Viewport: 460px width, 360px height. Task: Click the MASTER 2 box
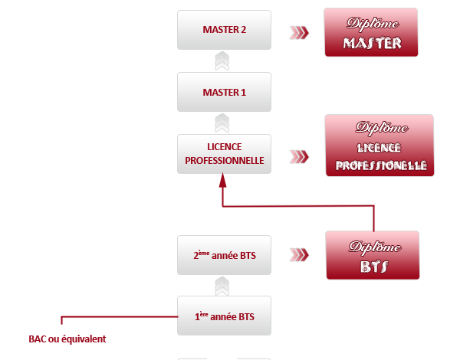pyautogui.click(x=224, y=31)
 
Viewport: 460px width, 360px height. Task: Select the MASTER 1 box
pyautogui.click(x=224, y=93)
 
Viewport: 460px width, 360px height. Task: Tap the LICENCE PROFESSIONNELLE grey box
pyautogui.click(x=224, y=154)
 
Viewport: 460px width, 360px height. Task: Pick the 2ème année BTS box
pyautogui.click(x=224, y=255)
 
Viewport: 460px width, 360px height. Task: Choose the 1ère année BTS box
pyautogui.click(x=224, y=316)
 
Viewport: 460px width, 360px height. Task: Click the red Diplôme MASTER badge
pyautogui.click(x=372, y=32)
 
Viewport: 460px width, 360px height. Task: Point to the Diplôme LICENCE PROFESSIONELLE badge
pyautogui.click(x=380, y=146)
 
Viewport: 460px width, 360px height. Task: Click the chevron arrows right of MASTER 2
pyautogui.click(x=299, y=32)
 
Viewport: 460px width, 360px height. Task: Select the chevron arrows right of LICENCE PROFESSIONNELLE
pyautogui.click(x=299, y=156)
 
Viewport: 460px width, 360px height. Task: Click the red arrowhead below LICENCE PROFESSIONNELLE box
pyautogui.click(x=222, y=181)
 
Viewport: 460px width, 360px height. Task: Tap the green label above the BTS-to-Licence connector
pyautogui.click(x=301, y=200)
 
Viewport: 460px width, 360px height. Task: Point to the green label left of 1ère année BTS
pyautogui.click(x=115, y=311)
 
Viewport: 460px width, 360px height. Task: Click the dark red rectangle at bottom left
pyautogui.click(x=67, y=339)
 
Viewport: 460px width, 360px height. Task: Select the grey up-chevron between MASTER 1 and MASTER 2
pyautogui.click(x=222, y=61)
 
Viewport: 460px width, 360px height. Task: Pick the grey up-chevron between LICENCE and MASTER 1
pyautogui.click(x=222, y=123)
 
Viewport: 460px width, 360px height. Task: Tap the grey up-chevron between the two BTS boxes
pyautogui.click(x=222, y=286)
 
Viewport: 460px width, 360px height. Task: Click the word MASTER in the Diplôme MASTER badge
pyautogui.click(x=372, y=44)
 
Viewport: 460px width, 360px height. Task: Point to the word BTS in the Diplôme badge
pyautogui.click(x=373, y=267)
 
